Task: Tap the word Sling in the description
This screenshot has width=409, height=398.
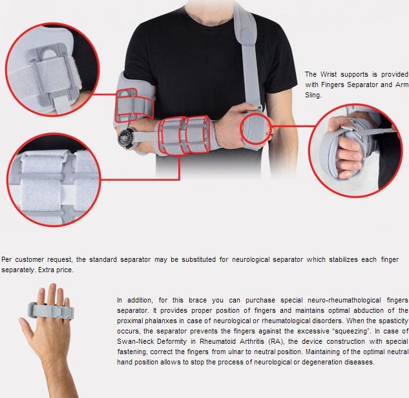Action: click(313, 95)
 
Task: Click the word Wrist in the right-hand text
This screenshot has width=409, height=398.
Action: click(328, 74)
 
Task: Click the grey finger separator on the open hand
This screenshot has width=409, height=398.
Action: click(51, 310)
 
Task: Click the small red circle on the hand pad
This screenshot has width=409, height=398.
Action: click(256, 128)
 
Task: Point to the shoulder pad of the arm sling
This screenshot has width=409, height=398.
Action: click(246, 26)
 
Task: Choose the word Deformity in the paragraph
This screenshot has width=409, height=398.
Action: click(172, 341)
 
